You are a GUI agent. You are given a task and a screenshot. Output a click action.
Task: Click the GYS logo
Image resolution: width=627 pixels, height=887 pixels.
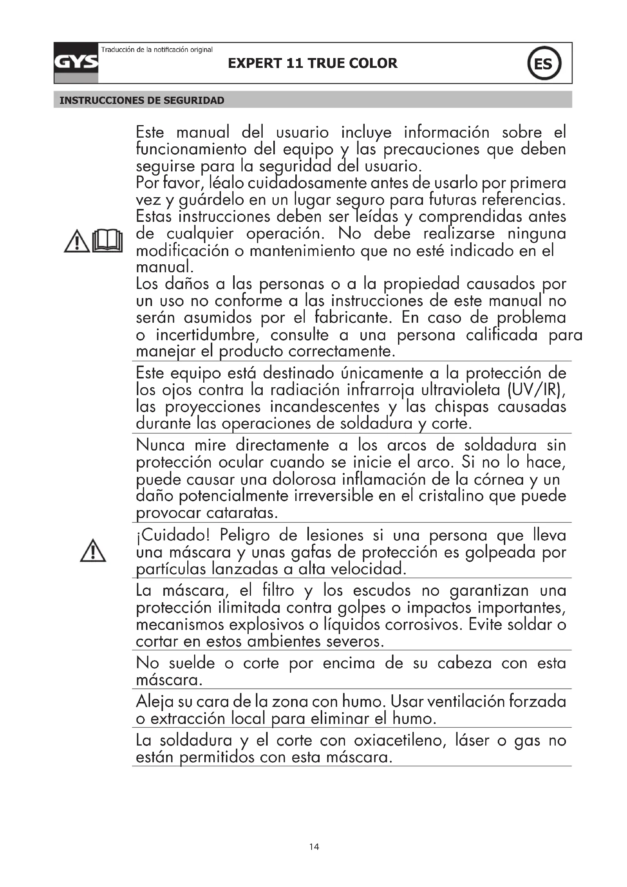click(x=76, y=63)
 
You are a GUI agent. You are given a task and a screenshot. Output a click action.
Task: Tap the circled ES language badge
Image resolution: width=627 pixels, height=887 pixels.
click(x=544, y=63)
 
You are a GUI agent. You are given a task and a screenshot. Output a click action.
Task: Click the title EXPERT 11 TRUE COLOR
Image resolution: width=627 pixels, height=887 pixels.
click(x=312, y=63)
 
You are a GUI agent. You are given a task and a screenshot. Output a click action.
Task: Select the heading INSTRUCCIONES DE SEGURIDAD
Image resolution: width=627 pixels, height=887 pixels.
click(x=142, y=100)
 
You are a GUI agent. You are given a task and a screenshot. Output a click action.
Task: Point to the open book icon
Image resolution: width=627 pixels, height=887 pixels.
click(x=108, y=241)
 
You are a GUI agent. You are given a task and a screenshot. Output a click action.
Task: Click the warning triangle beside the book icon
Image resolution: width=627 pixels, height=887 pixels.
click(x=77, y=242)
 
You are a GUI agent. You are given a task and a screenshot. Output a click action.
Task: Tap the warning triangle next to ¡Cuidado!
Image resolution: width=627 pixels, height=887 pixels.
click(x=93, y=551)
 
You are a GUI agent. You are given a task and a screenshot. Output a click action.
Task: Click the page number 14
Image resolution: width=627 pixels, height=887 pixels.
click(x=314, y=847)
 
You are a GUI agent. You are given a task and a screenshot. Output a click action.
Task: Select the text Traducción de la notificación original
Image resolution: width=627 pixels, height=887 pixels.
click(x=157, y=49)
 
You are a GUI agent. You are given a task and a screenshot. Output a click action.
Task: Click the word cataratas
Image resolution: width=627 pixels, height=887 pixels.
click(x=242, y=513)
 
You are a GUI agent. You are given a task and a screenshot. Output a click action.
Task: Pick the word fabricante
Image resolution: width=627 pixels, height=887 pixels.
click(x=353, y=318)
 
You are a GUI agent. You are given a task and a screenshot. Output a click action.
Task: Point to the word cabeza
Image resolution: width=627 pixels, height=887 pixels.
click(x=464, y=663)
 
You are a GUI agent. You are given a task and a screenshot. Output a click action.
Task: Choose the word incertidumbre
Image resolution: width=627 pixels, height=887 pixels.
click(x=208, y=335)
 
